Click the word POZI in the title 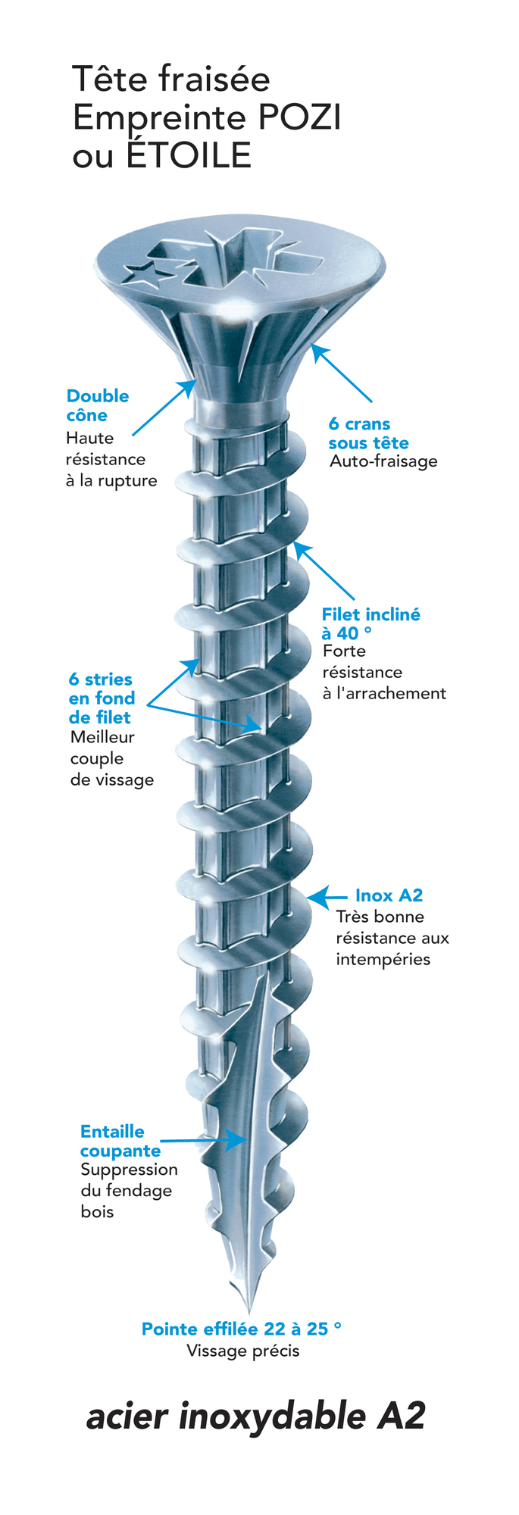point(300,118)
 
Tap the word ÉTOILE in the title point(189,156)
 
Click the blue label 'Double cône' point(97,405)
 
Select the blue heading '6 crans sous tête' point(368,433)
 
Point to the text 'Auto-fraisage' point(383,461)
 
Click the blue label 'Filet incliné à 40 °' point(370,623)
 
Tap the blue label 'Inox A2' point(389,895)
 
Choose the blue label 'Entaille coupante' point(120,1141)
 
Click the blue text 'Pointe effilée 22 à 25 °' point(241,1329)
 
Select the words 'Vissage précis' point(243,1351)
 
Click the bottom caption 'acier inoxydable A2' point(256,1416)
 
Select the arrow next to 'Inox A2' point(327,897)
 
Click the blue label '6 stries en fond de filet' point(102,698)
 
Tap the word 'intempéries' point(383,959)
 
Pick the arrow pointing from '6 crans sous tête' point(342,373)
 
